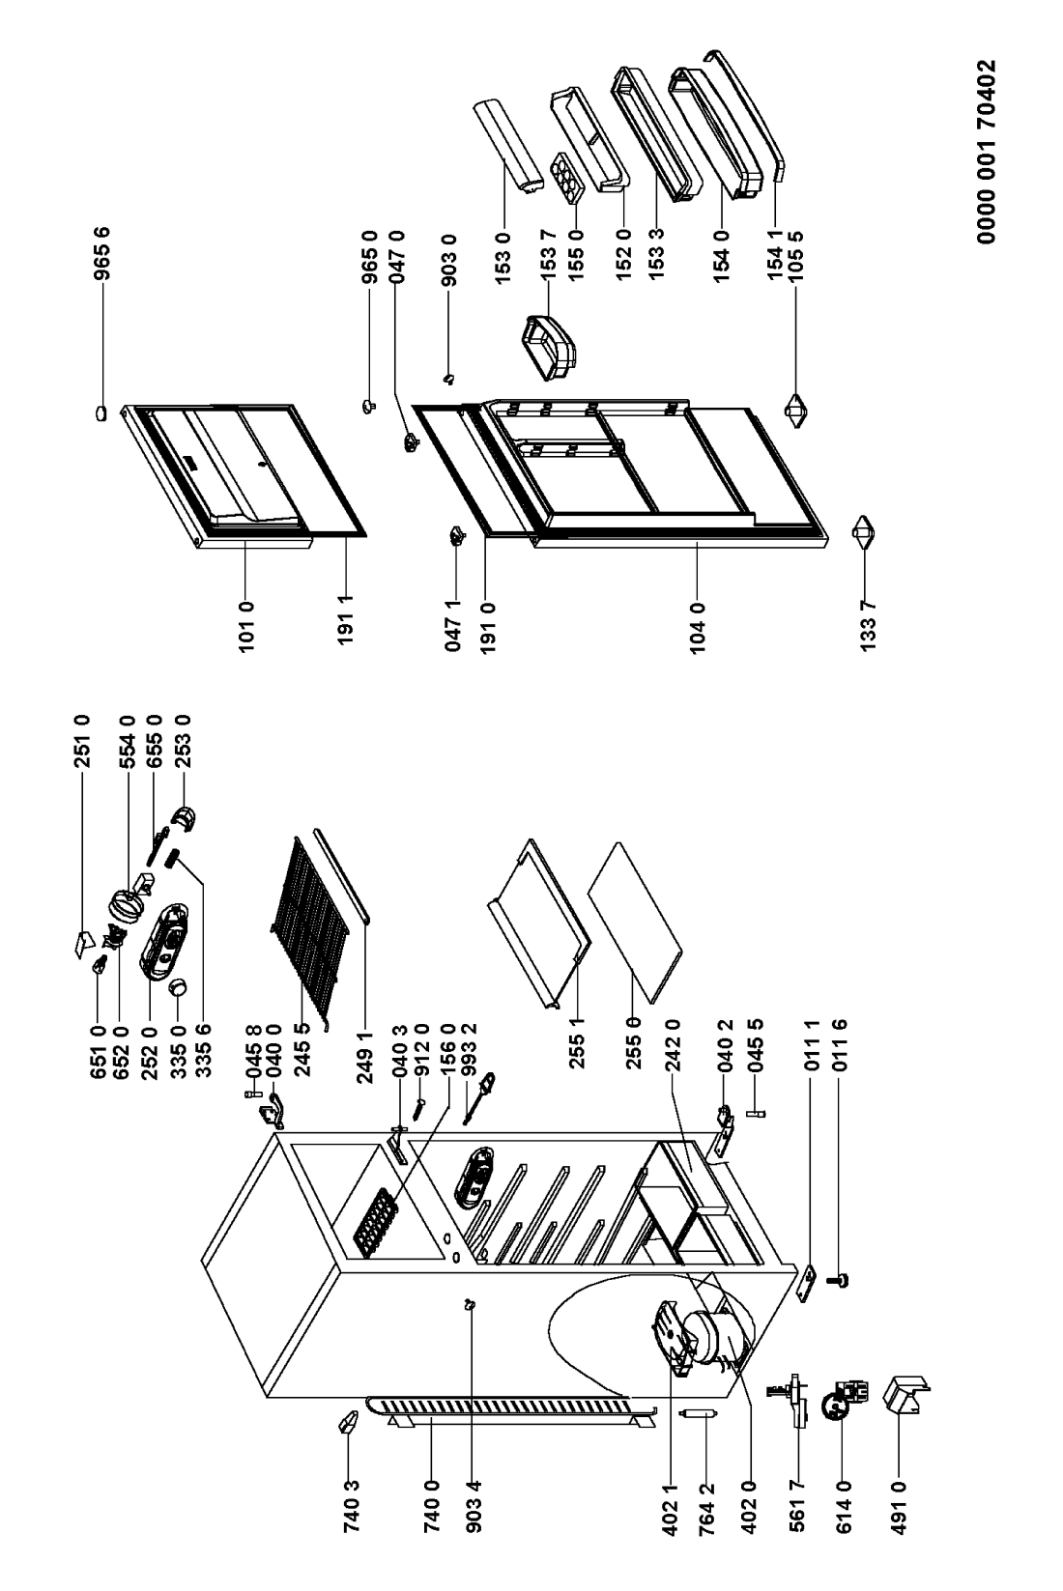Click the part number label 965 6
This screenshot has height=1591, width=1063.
pos(102,254)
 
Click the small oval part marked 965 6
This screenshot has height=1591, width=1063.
pos(101,412)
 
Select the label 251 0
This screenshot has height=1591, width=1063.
pos(83,741)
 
